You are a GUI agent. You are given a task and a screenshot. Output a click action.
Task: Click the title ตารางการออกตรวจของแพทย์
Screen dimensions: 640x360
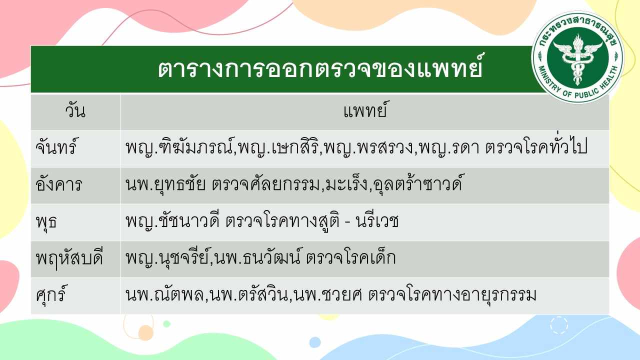[320, 68]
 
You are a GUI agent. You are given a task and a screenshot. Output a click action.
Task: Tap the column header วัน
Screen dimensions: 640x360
[75, 111]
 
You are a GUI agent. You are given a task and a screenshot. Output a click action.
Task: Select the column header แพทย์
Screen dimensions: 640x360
[365, 110]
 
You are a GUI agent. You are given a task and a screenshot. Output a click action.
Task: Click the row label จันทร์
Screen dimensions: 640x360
[56, 146]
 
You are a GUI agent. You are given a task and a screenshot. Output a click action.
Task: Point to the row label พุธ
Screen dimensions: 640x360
[46, 221]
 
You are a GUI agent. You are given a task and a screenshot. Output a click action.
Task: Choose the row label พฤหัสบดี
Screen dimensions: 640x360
[69, 258]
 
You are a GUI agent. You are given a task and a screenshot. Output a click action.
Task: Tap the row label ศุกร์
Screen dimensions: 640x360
[51, 294]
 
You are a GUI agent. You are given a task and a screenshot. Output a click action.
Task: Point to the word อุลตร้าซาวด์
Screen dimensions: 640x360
[417, 183]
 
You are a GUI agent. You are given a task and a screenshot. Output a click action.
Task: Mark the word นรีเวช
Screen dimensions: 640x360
[377, 220]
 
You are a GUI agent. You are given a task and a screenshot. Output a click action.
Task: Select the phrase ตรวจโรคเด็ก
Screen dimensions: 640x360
[351, 257]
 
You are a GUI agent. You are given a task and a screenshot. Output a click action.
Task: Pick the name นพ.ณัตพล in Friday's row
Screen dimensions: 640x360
[164, 294]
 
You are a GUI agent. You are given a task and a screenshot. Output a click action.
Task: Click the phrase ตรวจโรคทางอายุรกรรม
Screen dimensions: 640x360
[452, 295]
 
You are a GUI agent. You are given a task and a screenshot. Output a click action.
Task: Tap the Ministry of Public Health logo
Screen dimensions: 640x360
[577, 57]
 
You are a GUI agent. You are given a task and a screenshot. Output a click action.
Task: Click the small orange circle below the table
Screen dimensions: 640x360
[146, 332]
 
